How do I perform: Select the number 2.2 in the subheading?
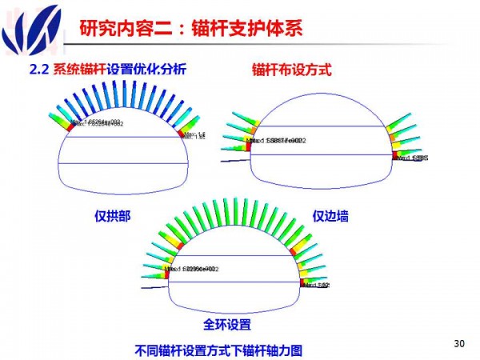click(39, 70)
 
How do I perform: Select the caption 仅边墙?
click(330, 216)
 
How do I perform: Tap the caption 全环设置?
click(228, 324)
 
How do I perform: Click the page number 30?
click(458, 344)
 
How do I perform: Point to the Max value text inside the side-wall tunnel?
click(276, 141)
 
